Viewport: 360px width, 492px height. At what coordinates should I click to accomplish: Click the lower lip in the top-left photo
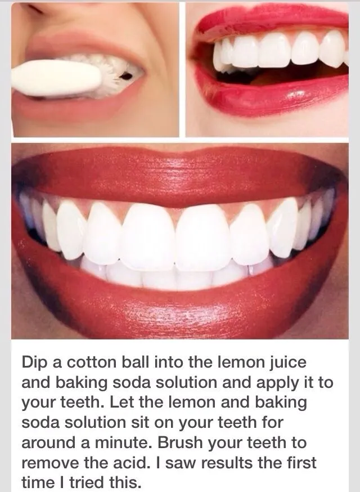point(67,110)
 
